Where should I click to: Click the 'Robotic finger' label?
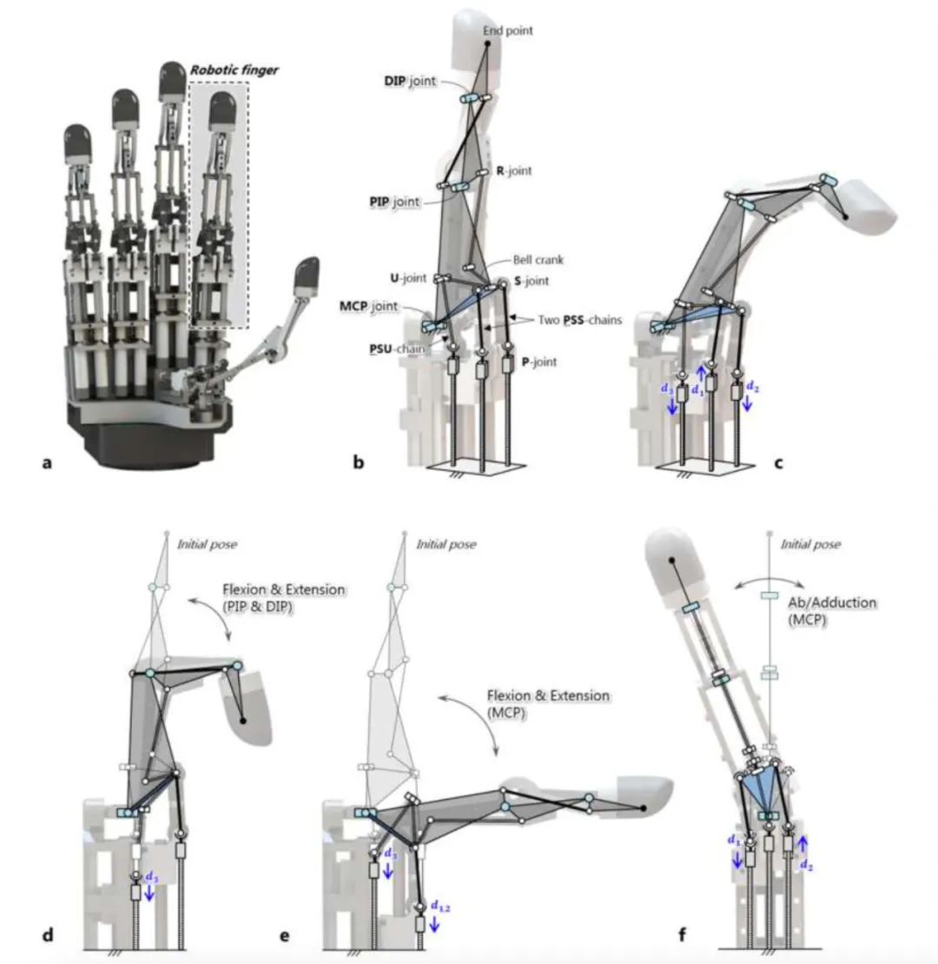(234, 70)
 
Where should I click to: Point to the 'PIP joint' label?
(391, 201)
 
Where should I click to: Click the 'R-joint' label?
(513, 171)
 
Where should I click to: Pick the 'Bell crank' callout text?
(532, 260)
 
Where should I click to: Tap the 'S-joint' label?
(532, 281)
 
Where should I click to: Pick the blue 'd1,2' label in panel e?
(442, 908)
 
